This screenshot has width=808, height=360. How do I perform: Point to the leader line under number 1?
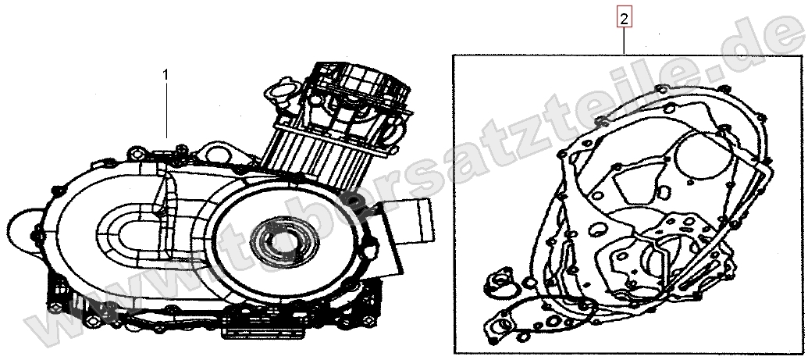[x=166, y=109]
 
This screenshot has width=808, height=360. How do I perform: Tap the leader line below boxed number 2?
[x=623, y=39]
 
